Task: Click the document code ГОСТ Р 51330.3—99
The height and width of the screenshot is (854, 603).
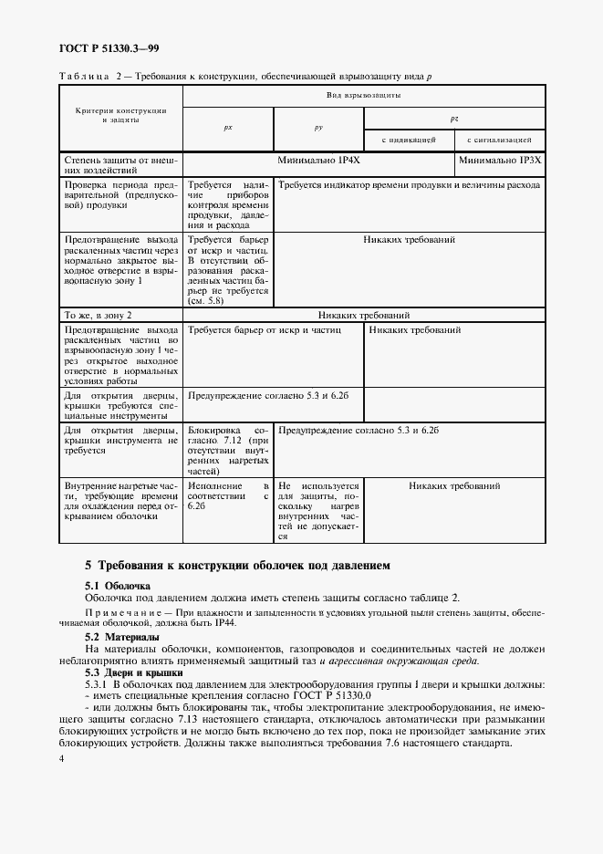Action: point(109,48)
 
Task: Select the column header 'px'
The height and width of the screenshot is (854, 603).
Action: point(228,129)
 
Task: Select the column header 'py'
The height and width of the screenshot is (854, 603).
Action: point(318,129)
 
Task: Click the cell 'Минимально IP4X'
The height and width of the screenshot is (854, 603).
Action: point(317,159)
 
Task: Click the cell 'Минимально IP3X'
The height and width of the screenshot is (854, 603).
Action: point(500,159)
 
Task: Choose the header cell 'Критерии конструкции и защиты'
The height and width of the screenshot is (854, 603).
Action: point(121,115)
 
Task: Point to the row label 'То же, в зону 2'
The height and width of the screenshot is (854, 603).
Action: point(99,314)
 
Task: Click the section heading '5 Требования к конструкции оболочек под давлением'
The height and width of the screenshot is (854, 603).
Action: point(237,565)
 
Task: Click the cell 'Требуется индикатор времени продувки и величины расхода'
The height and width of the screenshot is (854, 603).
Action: point(409,185)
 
